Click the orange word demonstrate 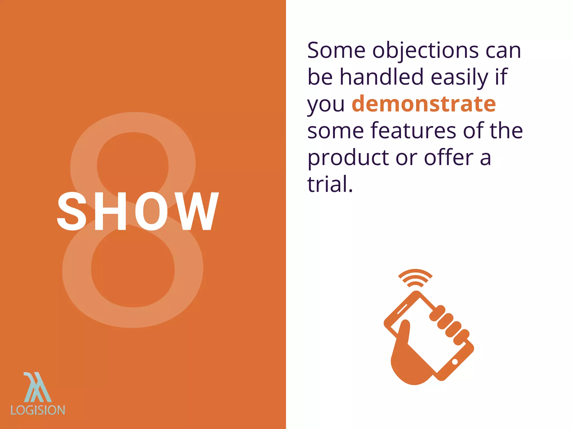click(423, 104)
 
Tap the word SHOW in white click(138, 211)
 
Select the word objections click(426, 51)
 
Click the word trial click(330, 184)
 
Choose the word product click(348, 158)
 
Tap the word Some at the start click(336, 51)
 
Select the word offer click(449, 158)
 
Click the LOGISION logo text click(38, 410)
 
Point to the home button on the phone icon click(455, 362)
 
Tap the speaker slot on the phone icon click(402, 309)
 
